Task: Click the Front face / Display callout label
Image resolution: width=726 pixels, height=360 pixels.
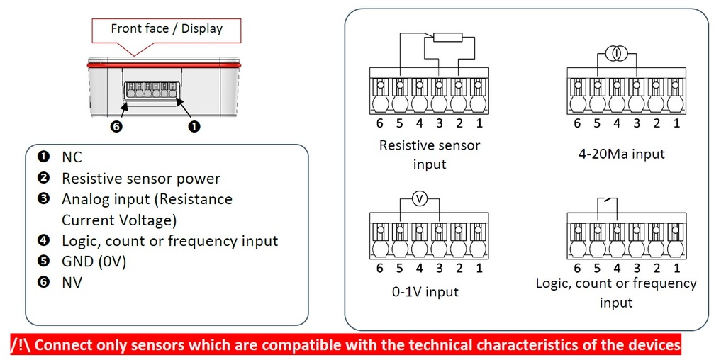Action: tap(167, 28)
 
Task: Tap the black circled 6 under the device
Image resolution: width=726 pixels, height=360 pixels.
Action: tap(117, 126)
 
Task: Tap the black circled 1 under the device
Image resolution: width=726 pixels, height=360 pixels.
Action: tap(195, 126)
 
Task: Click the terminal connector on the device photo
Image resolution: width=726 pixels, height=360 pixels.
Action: tap(152, 90)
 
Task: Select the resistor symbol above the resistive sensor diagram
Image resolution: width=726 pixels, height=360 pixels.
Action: tap(447, 38)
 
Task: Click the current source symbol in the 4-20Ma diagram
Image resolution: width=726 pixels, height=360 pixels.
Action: tap(616, 55)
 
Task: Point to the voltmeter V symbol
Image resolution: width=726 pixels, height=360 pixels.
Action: tap(420, 199)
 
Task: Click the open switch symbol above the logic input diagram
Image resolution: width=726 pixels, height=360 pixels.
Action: tap(608, 201)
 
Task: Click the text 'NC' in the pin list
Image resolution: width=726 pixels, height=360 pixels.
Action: tap(72, 157)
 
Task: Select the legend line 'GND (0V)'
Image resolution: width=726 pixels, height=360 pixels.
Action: tap(94, 262)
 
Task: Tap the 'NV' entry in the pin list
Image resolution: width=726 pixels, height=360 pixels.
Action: tap(72, 282)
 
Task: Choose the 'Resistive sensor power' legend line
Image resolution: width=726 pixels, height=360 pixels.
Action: tap(141, 178)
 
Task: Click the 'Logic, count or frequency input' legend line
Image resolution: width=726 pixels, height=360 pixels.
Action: tap(170, 241)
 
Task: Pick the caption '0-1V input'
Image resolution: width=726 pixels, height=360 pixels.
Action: tap(425, 291)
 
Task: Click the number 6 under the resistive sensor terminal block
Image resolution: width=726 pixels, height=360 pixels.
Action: tap(380, 123)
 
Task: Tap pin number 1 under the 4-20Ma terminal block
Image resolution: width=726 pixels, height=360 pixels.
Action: tap(676, 123)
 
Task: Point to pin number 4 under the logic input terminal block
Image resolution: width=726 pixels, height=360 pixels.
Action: tap(617, 268)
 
